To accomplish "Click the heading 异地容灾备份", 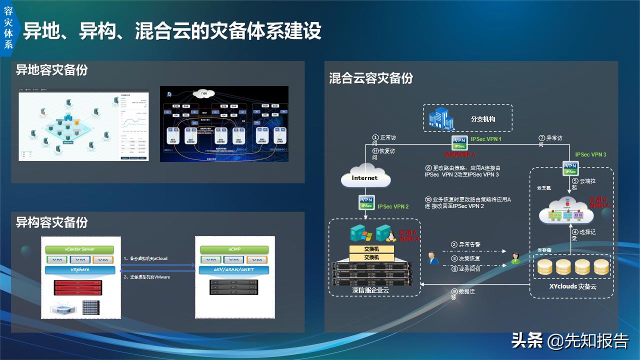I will point(51,70).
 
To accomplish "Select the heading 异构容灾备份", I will point(51,222).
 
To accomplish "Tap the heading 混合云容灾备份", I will point(370,78).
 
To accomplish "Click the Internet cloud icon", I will point(364,178).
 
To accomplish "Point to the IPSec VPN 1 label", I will point(486,139).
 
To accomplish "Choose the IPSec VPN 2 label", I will point(393,206).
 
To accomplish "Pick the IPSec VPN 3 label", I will point(590,155).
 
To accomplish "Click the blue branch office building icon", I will point(441,119).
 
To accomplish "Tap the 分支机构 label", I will point(483,119).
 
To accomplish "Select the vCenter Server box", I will point(79,249).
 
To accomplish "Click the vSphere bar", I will point(79,270).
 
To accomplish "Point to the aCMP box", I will point(234,249).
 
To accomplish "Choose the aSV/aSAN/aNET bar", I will point(234,270).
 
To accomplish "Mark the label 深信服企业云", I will point(370,290).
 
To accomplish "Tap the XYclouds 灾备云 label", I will point(572,286).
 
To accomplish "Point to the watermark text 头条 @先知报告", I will point(569,341).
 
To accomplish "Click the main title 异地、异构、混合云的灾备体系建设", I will point(172,31).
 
